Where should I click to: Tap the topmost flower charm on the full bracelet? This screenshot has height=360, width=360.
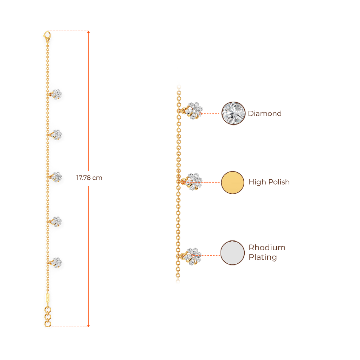pos(57,94)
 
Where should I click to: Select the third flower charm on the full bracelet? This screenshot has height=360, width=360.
pos(56,176)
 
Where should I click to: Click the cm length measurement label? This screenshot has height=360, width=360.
pos(89,178)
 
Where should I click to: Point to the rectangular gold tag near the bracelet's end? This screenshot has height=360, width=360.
pos(47,298)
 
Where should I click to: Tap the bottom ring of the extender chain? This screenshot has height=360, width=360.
pos(48,323)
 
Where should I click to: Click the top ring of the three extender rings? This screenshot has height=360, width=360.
pos(47,309)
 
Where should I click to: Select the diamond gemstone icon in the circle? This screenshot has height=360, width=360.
pos(233,113)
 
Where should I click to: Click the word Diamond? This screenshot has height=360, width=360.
pos(265,114)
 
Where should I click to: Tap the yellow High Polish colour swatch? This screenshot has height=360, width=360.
pos(233,182)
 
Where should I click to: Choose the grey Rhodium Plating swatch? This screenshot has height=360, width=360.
pos(233,253)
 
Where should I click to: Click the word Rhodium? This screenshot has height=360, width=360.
pos(267,247)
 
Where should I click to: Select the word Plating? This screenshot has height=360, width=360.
pos(263,257)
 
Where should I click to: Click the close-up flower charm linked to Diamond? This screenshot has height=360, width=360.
pos(194,110)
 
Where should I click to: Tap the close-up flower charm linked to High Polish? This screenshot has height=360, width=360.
pos(194,181)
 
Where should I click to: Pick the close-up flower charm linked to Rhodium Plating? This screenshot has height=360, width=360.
pos(193,256)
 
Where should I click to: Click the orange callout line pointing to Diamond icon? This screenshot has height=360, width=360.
pos(211,114)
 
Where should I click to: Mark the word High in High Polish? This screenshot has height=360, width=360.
pos(257,182)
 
